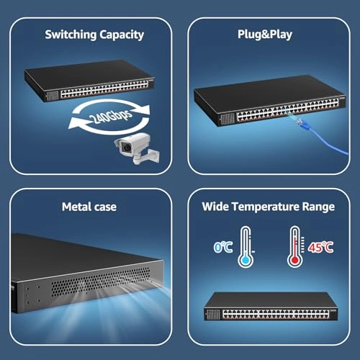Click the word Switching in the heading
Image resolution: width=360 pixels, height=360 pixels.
click(71, 35)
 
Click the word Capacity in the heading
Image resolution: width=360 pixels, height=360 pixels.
click(122, 35)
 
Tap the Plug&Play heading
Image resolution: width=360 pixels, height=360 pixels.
click(265, 35)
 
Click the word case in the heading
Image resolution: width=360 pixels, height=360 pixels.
click(105, 207)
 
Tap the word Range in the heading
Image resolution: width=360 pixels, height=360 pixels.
click(318, 207)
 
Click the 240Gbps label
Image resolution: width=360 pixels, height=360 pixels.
click(110, 116)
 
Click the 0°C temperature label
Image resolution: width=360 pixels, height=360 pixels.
click(223, 247)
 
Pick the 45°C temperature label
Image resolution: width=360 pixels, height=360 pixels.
click(320, 247)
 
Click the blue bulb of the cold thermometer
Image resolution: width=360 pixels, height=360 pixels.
click(246, 261)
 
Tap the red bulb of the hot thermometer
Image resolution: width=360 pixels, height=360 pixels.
click(294, 261)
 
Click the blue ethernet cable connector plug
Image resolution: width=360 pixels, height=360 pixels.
click(300, 122)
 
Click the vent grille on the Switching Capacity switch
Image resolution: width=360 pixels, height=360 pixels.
click(52, 96)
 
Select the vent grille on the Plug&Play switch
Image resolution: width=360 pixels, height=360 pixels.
click(227, 119)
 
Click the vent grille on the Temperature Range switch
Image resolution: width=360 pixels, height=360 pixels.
click(213, 315)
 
